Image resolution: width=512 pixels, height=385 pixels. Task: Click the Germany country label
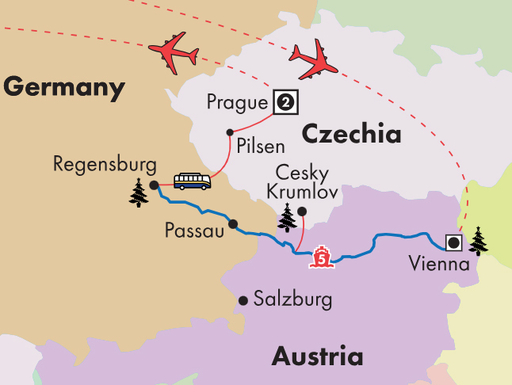point(63,86)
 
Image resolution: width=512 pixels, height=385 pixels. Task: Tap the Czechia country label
point(350,134)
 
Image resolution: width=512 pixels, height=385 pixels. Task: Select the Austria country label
point(317,356)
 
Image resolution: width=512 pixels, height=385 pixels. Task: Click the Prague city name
point(236,101)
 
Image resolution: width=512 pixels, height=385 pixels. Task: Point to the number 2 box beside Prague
point(285,101)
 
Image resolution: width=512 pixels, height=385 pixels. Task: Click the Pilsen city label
point(259,147)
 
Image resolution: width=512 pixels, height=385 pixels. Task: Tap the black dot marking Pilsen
point(230,132)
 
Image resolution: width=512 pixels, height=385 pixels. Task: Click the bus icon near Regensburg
point(193,181)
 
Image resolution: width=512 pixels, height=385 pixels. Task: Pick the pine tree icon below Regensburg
point(139,192)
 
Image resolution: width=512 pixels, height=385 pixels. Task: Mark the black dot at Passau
point(232,224)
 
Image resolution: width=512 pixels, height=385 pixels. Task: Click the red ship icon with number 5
point(322,257)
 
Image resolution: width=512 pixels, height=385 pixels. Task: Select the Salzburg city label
point(292,300)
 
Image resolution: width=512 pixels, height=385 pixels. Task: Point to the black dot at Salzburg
point(243,300)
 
